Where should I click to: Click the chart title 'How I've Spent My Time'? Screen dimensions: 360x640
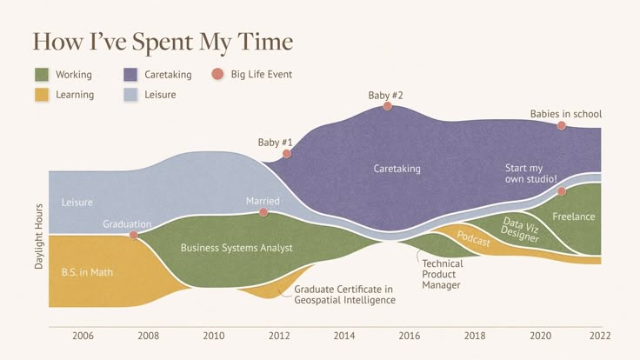click(x=163, y=41)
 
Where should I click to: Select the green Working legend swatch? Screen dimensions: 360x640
click(x=42, y=75)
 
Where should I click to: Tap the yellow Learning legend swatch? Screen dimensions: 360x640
click(x=42, y=94)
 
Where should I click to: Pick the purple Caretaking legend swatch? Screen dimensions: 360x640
click(x=130, y=75)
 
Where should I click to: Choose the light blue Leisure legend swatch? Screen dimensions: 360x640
click(x=130, y=94)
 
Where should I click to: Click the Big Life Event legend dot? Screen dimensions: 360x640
click(x=217, y=75)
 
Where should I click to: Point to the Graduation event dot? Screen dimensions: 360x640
click(x=134, y=235)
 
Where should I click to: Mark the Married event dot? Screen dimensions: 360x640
click(x=263, y=212)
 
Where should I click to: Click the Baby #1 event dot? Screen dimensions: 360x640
click(x=287, y=153)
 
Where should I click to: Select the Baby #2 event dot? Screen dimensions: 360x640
click(x=387, y=106)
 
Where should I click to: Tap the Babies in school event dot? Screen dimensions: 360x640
click(x=562, y=125)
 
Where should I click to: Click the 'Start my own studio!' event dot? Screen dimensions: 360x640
click(x=562, y=190)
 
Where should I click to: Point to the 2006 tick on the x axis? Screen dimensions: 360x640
click(x=83, y=336)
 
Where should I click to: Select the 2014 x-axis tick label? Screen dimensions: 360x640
click(x=343, y=336)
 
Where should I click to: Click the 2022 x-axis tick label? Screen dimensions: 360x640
click(x=600, y=336)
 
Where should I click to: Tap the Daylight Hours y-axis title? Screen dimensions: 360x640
click(x=39, y=237)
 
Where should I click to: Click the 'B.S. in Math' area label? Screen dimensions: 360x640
click(x=87, y=272)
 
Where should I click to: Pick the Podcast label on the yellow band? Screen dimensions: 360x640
click(x=474, y=240)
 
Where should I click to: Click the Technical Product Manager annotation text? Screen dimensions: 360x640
click(x=443, y=274)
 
